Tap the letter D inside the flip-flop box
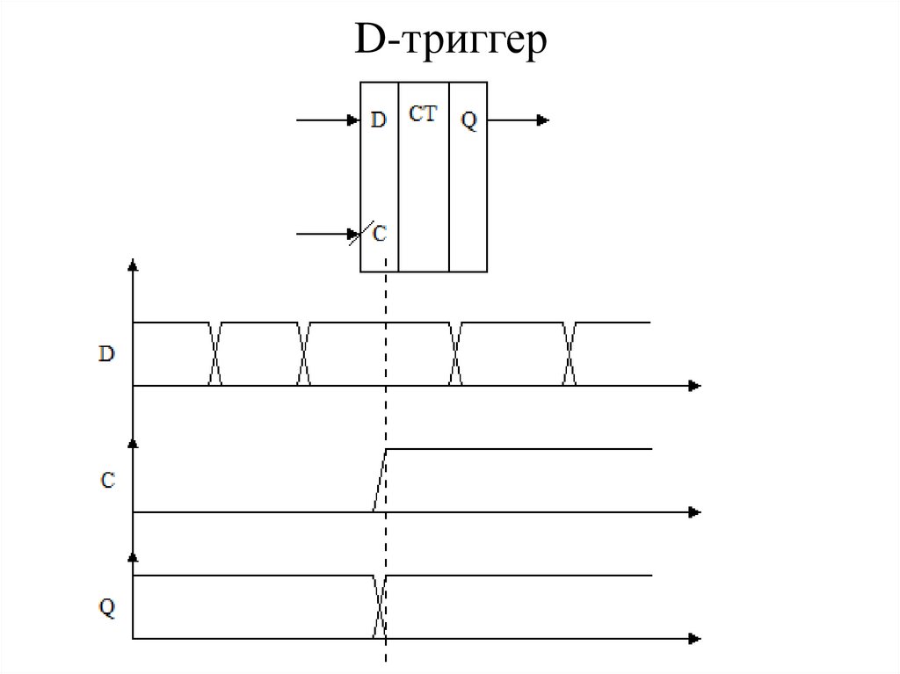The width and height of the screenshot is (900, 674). (378, 120)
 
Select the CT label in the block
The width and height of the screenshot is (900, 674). (423, 113)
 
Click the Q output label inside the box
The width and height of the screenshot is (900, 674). (468, 121)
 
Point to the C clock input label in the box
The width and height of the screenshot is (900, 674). (380, 234)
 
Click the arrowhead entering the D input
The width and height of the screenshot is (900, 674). (355, 120)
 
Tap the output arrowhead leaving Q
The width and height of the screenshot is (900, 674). (544, 120)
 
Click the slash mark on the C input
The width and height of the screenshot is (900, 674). (357, 235)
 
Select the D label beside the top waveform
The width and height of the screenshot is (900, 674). (105, 355)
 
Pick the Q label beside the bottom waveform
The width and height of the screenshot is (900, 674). (106, 607)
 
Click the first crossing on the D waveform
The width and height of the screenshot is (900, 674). (214, 354)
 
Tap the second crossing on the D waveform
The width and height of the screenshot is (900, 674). (304, 354)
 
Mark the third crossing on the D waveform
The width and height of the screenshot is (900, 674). (455, 354)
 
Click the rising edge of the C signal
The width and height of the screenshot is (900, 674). (380, 480)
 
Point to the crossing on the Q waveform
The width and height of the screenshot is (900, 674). (380, 606)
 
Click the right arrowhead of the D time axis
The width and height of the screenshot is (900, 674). (694, 385)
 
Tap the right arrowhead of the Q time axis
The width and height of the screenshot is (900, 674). (694, 638)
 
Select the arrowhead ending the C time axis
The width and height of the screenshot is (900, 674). (694, 511)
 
